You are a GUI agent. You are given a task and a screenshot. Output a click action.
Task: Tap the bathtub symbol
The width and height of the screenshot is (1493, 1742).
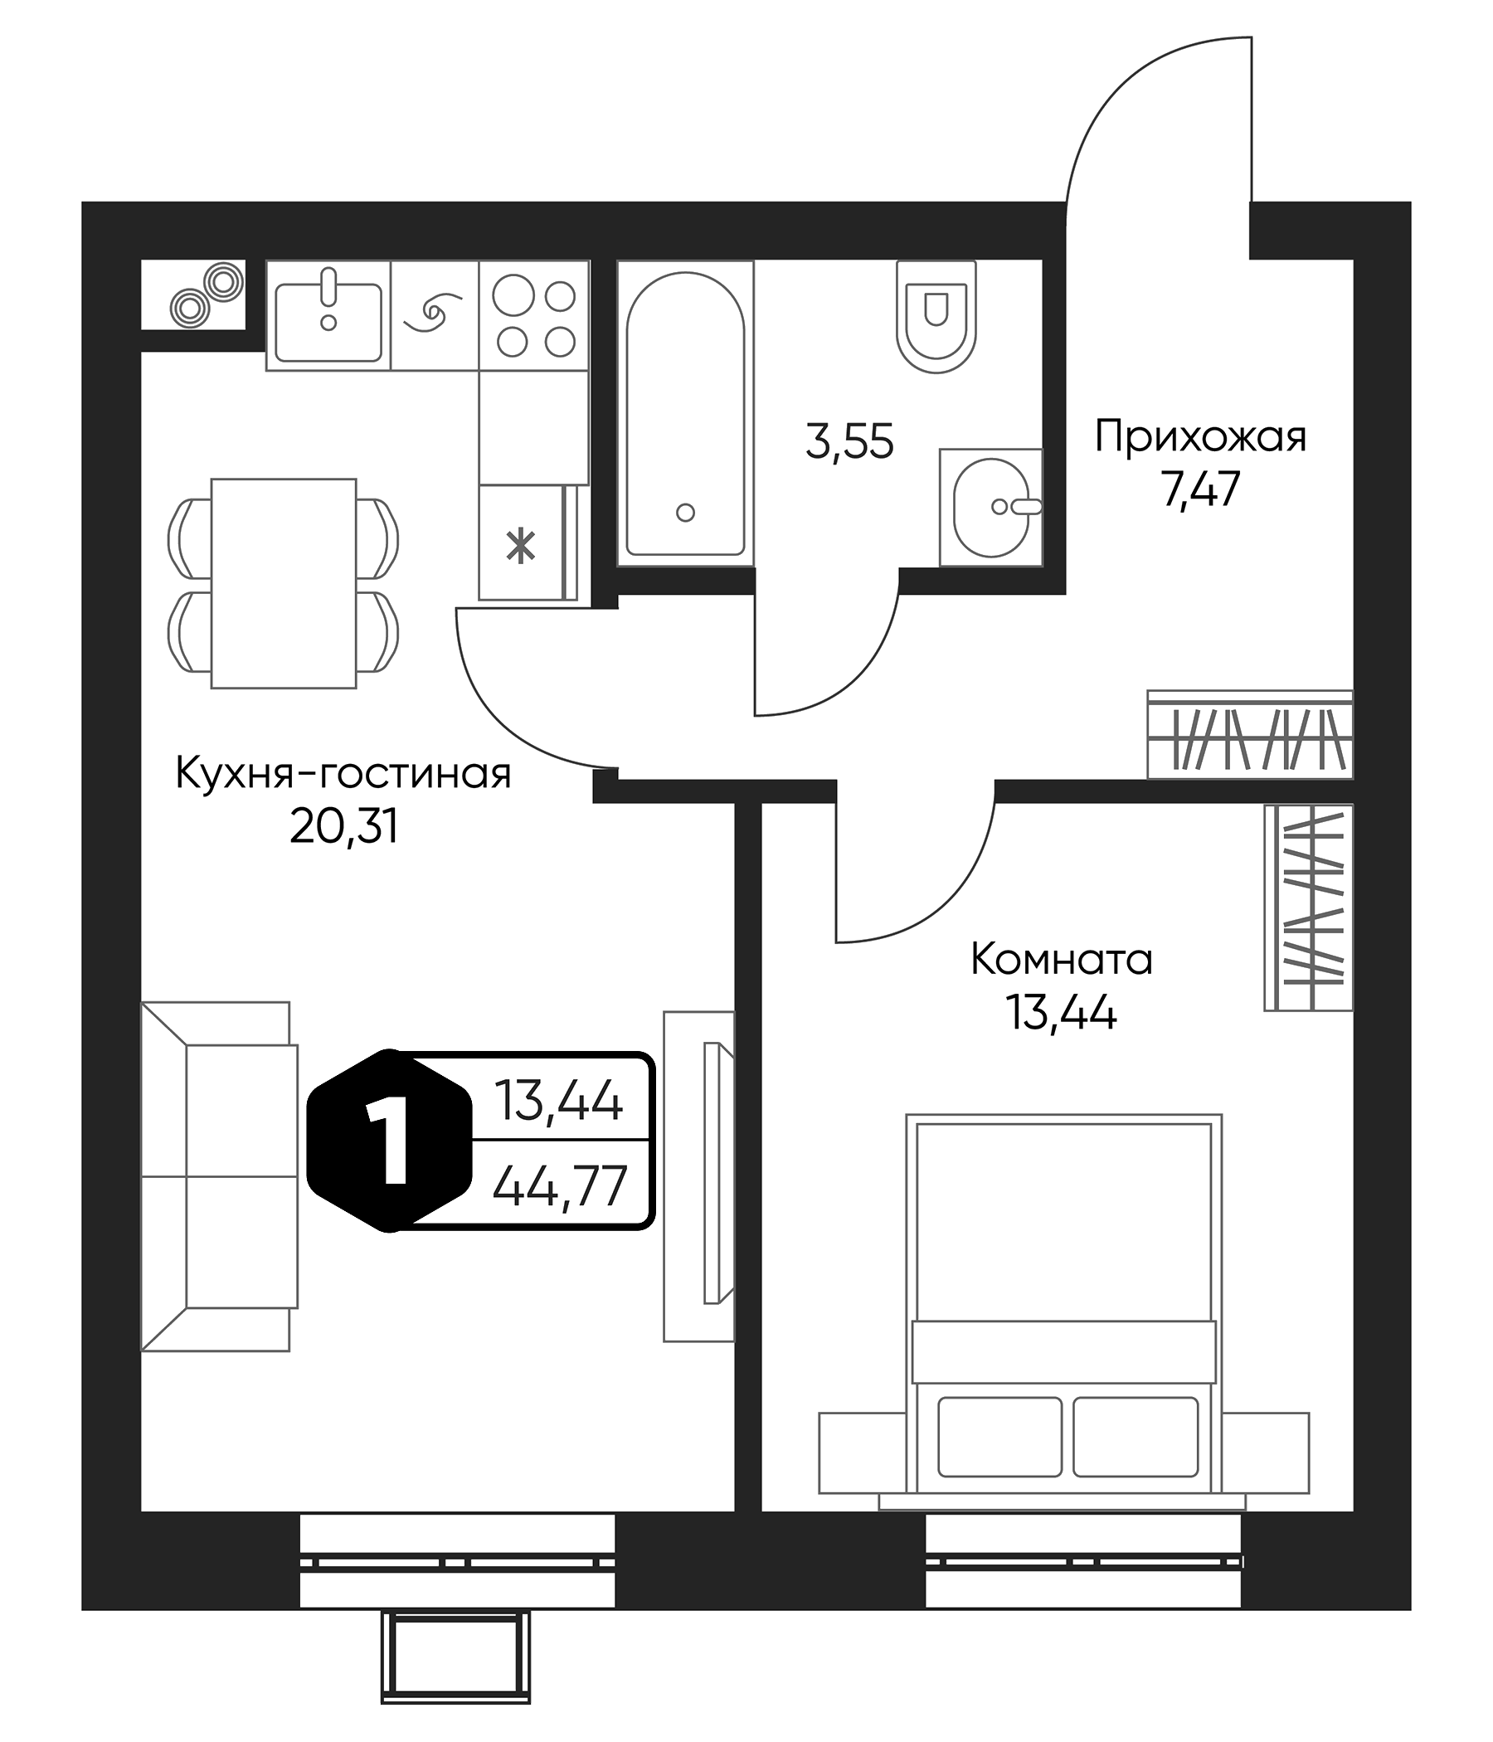point(684,414)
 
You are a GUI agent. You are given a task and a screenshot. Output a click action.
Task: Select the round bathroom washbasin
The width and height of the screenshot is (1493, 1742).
point(991,507)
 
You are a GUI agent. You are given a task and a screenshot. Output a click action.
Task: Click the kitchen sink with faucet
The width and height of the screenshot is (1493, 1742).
point(328,315)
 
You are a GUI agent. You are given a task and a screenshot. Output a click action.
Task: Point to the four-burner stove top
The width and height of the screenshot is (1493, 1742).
point(534,315)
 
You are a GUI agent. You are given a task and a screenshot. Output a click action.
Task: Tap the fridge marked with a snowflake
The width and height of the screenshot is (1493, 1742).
point(521,543)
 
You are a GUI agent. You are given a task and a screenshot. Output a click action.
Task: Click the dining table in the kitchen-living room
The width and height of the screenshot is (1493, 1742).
point(284,583)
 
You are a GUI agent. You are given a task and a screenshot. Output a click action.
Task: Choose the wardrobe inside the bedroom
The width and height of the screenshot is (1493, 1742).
point(1309,908)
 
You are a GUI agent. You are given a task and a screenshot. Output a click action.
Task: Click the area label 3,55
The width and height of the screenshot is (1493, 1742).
point(849,442)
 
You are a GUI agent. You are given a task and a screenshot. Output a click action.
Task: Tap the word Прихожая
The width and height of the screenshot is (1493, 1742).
point(1199,437)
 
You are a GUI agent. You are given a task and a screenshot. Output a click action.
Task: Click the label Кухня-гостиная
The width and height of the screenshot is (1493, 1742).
point(343,773)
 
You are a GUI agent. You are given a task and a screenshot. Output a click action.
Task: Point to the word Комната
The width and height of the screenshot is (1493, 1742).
point(1061,959)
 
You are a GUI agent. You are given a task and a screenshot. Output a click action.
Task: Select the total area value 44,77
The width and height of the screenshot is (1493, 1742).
point(559,1185)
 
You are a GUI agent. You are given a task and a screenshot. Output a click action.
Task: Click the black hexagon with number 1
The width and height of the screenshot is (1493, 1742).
point(389,1141)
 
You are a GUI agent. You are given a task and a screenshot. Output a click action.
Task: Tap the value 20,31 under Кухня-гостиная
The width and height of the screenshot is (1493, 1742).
point(343,828)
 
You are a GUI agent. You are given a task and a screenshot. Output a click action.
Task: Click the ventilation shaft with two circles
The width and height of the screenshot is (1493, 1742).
point(193,294)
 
